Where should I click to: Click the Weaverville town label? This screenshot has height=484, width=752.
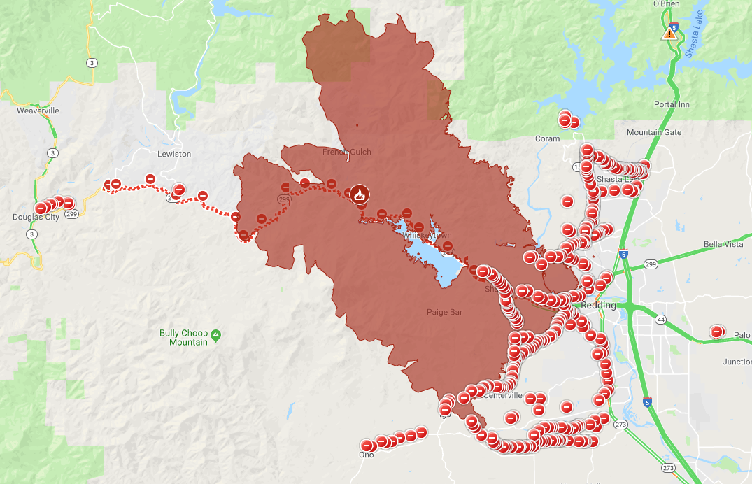point(38,111)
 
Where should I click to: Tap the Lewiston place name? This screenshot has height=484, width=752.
point(174,154)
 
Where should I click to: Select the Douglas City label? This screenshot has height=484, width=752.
point(36,217)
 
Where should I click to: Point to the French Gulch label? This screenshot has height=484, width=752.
point(346,152)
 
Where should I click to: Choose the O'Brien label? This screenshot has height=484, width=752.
point(666,3)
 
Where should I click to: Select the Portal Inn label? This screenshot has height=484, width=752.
point(672,104)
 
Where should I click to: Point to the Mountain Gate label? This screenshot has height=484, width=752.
point(653,132)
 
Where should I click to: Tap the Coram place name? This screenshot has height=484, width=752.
point(547,138)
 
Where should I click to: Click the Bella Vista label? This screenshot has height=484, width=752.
point(723,244)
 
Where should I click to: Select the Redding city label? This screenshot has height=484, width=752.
point(599,306)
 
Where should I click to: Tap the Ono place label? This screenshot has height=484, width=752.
point(366,455)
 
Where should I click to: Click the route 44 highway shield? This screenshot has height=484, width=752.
point(660,320)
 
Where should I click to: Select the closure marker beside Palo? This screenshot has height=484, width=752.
point(716,332)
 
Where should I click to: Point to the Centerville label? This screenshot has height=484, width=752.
point(502,396)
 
